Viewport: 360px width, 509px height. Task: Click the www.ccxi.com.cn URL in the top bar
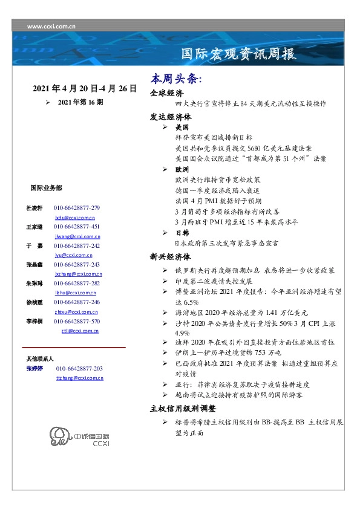51,26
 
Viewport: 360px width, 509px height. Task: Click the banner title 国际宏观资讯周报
238,54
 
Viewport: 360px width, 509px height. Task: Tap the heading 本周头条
175,79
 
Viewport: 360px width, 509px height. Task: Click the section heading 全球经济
166,94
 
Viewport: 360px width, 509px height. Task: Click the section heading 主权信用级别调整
182,408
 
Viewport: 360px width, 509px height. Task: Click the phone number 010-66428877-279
76,208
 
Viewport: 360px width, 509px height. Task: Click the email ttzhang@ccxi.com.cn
79,377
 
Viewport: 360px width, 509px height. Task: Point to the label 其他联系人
41,359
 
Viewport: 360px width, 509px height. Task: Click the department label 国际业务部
45,188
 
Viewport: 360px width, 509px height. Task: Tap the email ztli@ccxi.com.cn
80,331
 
